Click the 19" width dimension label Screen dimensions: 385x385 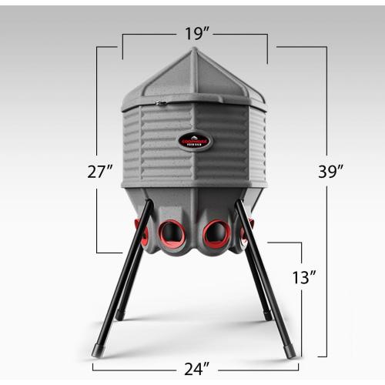[194, 34]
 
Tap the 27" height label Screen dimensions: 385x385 [100, 172]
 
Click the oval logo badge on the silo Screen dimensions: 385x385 [196, 141]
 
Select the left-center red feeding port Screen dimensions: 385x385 [172, 232]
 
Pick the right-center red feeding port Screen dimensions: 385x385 [216, 232]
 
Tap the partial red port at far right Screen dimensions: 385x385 [247, 231]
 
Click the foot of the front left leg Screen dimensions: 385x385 [98, 350]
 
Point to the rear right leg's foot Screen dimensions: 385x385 [266, 315]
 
